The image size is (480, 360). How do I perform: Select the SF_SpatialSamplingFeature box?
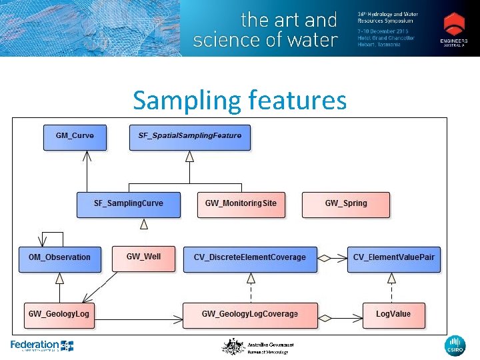pyautogui.click(x=190, y=137)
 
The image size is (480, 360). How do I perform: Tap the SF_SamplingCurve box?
pyautogui.click(x=129, y=204)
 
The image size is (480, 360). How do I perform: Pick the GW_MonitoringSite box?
pyautogui.click(x=241, y=204)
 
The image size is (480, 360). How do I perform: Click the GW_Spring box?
pyautogui.click(x=346, y=204)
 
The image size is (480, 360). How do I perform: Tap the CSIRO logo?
pyautogui.click(x=455, y=346)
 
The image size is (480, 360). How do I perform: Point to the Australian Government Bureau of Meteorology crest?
pyautogui.click(x=233, y=347)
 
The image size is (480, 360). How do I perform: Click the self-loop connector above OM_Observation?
pyautogui.click(x=53, y=237)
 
